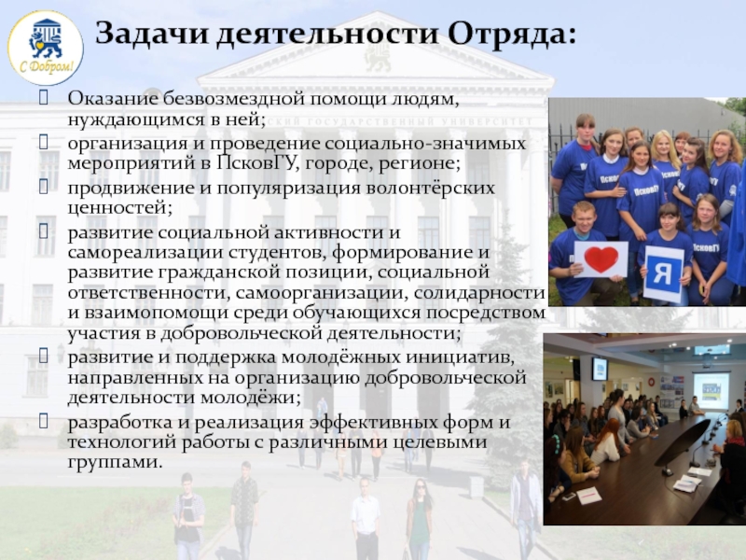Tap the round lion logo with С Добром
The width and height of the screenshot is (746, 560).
[x=46, y=48]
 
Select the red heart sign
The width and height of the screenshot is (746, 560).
[x=601, y=259]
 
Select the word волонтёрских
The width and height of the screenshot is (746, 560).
[x=430, y=188]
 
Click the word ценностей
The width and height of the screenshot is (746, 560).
[x=119, y=208]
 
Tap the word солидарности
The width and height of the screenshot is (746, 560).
[x=479, y=293]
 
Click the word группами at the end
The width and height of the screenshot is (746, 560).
[x=115, y=463]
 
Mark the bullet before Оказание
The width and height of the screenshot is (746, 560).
[x=43, y=98]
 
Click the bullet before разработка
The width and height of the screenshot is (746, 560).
[x=43, y=421]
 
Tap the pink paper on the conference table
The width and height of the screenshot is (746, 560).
[x=588, y=496]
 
